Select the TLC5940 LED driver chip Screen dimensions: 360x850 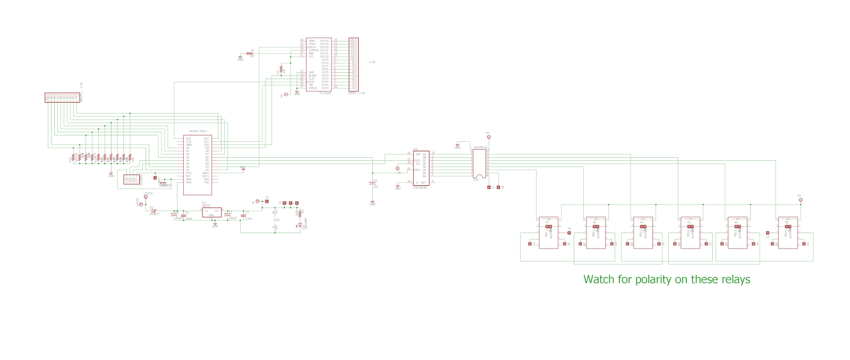pos(318,64)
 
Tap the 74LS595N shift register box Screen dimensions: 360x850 pos(421,167)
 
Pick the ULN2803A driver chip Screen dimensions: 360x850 pos(479,162)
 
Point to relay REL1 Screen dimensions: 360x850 pos(548,233)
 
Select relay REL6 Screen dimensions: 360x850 pos(787,233)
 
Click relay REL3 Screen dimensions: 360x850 pos(643,233)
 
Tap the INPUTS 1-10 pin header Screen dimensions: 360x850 pos(62,97)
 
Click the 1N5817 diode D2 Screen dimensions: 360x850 pos(154,211)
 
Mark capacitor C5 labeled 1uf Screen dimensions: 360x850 pos(373,183)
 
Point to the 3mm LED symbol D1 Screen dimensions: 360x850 pos(300,225)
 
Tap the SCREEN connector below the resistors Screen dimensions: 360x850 pos(131,179)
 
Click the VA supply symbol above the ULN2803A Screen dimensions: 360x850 pos(488,136)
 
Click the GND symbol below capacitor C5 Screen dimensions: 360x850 pos(373,203)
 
